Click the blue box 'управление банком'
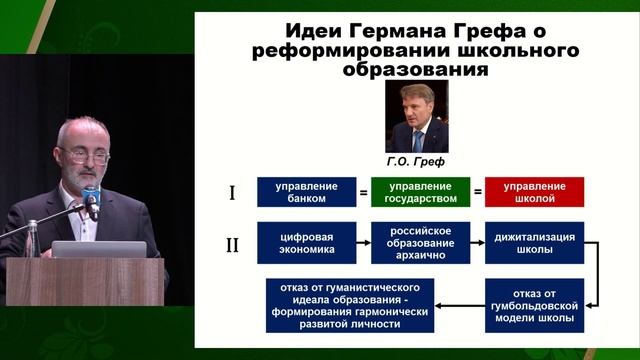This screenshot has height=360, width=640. pos(306,192)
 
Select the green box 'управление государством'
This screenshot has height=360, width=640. pos(420,192)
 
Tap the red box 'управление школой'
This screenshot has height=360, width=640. pos(534,192)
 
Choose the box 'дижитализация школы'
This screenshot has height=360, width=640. pos(534,243)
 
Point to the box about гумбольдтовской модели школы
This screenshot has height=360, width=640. pos(534,304)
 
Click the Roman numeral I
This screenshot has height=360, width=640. pos(232,192)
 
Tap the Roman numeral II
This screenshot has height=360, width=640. pos(232,244)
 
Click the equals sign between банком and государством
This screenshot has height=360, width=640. pos(364,192)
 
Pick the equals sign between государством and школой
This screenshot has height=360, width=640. pos(477,192)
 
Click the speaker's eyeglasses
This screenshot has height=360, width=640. pos(86,155)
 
